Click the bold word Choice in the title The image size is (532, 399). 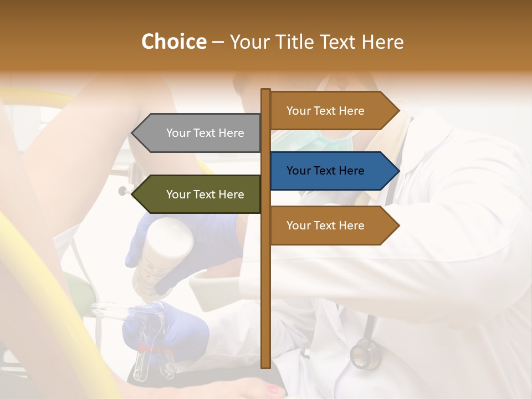173,42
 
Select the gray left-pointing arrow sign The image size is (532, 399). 199,133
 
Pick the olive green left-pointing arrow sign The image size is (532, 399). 199,195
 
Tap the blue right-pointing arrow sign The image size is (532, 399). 332,171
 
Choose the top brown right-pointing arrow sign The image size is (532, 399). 332,111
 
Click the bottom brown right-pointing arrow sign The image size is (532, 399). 332,226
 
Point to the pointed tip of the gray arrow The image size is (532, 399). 132,133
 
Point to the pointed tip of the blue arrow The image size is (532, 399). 398,171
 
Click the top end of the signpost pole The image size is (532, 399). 265,90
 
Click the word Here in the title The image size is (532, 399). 383,42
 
